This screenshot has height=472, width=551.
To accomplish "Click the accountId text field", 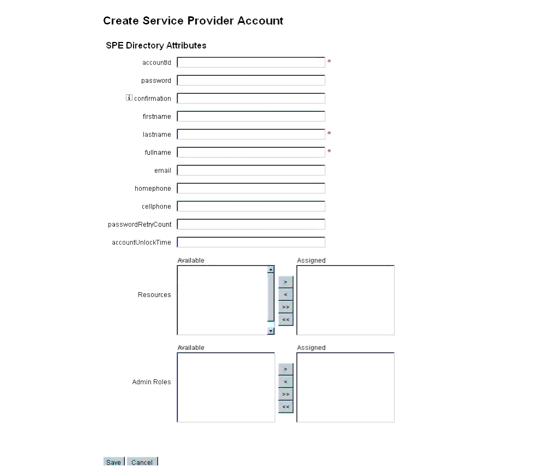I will tap(251, 63).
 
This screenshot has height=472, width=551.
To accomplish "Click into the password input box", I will tap(251, 81).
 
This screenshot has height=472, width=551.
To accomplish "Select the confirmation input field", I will tap(251, 99).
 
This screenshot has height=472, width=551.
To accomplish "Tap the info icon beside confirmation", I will tap(129, 98).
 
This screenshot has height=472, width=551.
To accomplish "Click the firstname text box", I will tap(251, 117).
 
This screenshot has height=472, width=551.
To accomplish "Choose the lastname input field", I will tap(251, 135).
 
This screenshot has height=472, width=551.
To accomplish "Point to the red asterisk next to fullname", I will tap(329, 152).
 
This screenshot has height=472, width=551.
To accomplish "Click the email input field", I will tap(251, 171).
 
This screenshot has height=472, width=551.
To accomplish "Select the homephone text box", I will tap(251, 189).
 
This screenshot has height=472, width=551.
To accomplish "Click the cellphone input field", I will tap(251, 207).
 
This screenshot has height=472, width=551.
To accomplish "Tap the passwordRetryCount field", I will tap(251, 225).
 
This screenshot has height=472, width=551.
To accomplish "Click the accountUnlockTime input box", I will tap(251, 243).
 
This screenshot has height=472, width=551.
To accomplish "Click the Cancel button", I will tap(142, 462).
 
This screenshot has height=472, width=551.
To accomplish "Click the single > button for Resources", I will tap(286, 282).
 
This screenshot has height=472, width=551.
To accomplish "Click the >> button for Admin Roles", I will tap(286, 394).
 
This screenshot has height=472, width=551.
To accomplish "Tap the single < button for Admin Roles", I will tap(286, 382).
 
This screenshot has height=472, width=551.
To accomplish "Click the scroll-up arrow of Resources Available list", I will tap(270, 269).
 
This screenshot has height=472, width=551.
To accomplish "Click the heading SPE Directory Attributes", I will tap(156, 46).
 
